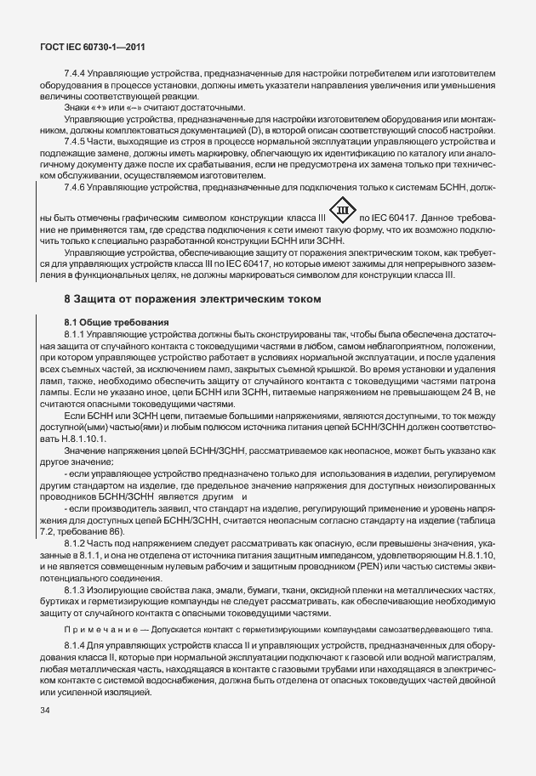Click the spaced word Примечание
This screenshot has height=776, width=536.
pyautogui.click(x=100, y=628)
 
